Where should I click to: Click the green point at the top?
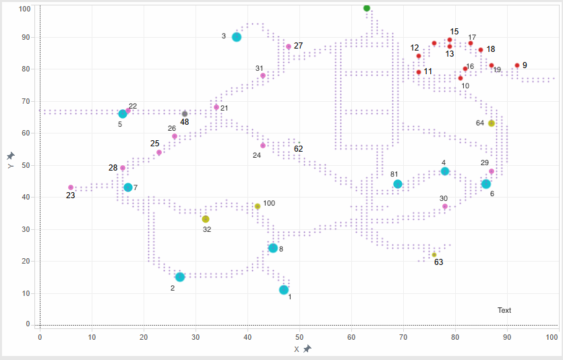[x=367, y=8]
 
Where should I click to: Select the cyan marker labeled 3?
[x=237, y=37]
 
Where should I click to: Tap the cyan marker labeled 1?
[x=284, y=290]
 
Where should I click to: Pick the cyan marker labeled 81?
[x=398, y=184]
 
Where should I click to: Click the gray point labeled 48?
[x=185, y=113]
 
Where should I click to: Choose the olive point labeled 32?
[x=206, y=219]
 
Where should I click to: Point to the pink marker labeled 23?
[x=71, y=187]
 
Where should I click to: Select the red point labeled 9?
[x=517, y=65]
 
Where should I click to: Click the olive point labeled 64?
[x=492, y=123]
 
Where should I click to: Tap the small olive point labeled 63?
[x=434, y=255]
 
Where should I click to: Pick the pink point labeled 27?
[x=289, y=47]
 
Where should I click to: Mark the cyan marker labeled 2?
[x=180, y=277]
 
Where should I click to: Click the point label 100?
[x=269, y=203]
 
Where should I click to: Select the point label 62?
[x=299, y=148]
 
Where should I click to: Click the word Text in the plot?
[x=504, y=311]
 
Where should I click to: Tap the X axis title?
[x=297, y=349]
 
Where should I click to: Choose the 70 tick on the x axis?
[x=403, y=336]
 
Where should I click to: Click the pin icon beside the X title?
[x=307, y=349]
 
